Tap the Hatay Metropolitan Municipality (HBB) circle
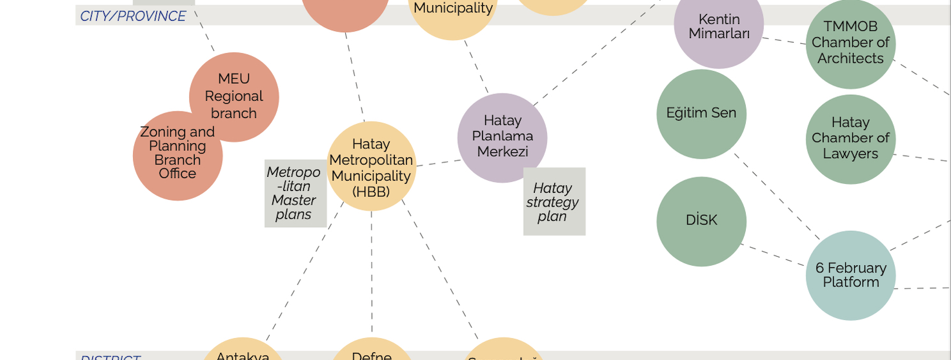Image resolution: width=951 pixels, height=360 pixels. point(371,166)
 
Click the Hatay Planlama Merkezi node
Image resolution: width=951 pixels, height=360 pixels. point(502,137)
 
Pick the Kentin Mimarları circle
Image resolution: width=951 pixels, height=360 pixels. point(719,26)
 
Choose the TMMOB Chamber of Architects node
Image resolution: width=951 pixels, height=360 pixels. point(850,44)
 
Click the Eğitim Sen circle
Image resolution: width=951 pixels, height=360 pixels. point(701,114)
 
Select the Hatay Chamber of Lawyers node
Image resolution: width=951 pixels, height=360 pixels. point(850,139)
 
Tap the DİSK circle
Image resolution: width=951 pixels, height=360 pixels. point(701,221)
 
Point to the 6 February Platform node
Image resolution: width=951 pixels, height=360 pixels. point(850,275)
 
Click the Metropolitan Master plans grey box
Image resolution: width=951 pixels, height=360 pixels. point(295,194)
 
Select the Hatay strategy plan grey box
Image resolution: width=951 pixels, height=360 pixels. point(554,202)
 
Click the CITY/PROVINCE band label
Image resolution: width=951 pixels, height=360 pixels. point(133,16)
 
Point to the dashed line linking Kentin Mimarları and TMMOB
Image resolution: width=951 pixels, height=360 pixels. point(785,41)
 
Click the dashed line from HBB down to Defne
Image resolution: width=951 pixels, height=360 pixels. point(372,271)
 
